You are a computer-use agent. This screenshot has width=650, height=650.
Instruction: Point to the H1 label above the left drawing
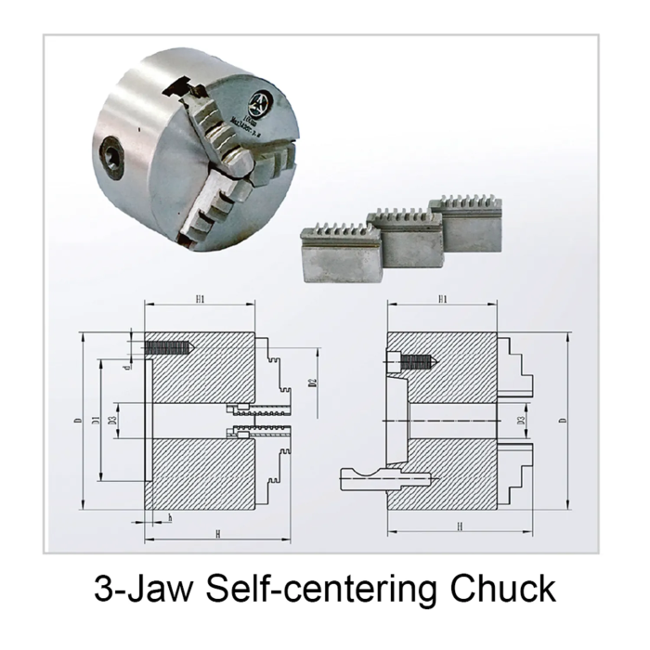click(x=200, y=300)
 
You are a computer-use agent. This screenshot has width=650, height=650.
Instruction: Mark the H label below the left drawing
click(x=215, y=536)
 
